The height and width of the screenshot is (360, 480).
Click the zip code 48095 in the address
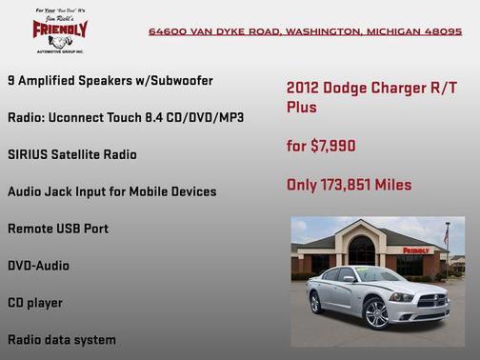point(442,31)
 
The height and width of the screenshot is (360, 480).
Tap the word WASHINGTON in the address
point(320,31)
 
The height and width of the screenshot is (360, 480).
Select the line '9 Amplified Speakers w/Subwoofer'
point(110,80)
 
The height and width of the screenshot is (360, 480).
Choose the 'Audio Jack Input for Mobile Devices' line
point(111,191)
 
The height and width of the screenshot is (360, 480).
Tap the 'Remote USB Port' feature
point(58,229)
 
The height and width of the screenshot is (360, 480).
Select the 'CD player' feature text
point(35,303)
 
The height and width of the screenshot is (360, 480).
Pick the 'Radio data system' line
point(62,339)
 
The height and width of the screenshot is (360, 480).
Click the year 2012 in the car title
point(304,88)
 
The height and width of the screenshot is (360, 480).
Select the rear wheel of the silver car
point(316,302)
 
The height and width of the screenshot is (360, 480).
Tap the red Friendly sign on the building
point(415,250)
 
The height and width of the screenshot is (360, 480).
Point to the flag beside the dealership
point(446,233)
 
